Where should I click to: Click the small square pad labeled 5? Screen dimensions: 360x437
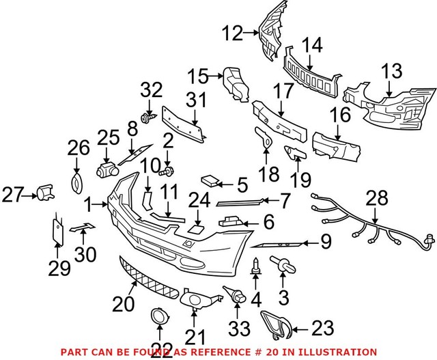tap(212, 181)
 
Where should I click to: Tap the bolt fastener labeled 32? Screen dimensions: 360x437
tap(146, 120)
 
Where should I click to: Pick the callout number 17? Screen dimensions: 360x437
tap(283, 89)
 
